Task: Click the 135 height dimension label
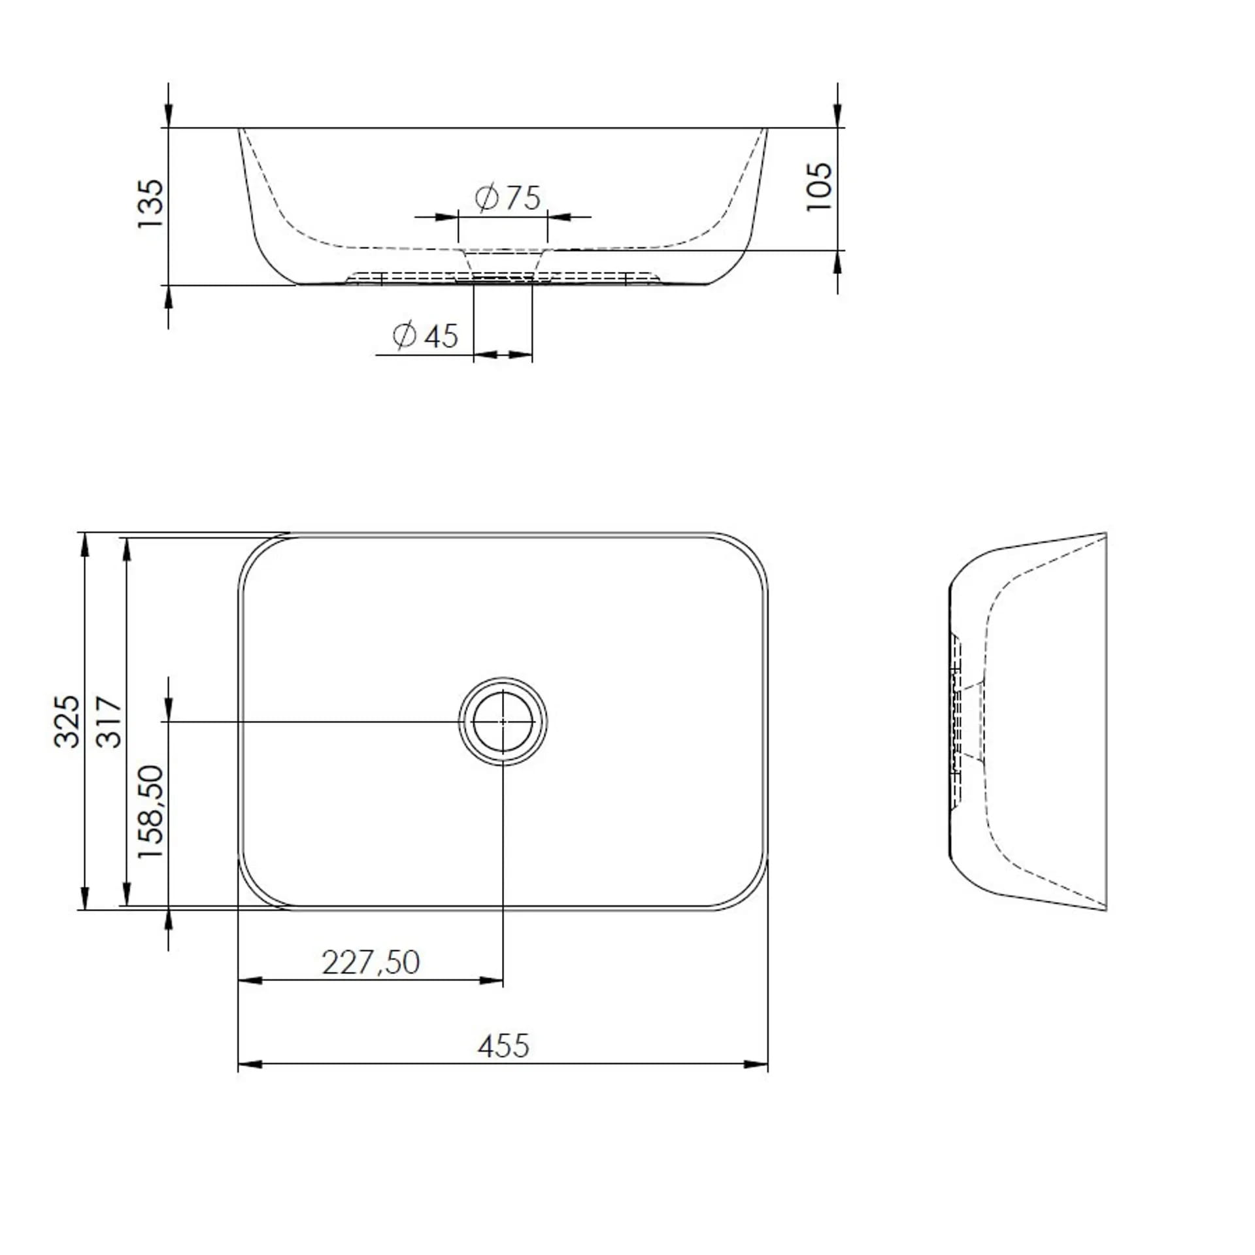[150, 203]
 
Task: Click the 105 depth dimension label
[819, 186]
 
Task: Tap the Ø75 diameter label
[508, 197]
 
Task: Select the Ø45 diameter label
[426, 336]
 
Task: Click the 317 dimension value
[109, 722]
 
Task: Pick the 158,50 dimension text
[150, 812]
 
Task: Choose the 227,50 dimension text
[371, 962]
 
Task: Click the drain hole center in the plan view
[503, 721]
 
